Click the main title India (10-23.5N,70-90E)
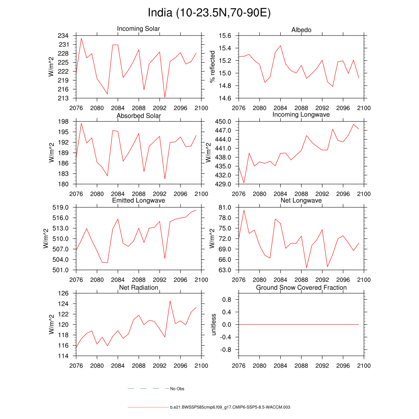209,13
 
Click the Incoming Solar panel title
138,29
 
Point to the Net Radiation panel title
138,288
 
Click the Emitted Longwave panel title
138,200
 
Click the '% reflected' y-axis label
212,67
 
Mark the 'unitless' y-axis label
212,324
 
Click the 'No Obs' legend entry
177,389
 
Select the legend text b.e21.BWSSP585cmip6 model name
230,408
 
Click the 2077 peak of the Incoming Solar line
81,38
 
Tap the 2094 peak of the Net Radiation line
170,301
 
